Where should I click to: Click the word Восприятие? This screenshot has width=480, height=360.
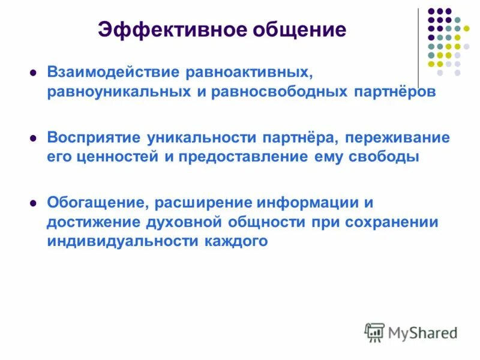94,137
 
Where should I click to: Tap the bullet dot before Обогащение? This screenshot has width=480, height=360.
34,203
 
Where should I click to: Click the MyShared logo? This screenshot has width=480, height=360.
412,332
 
